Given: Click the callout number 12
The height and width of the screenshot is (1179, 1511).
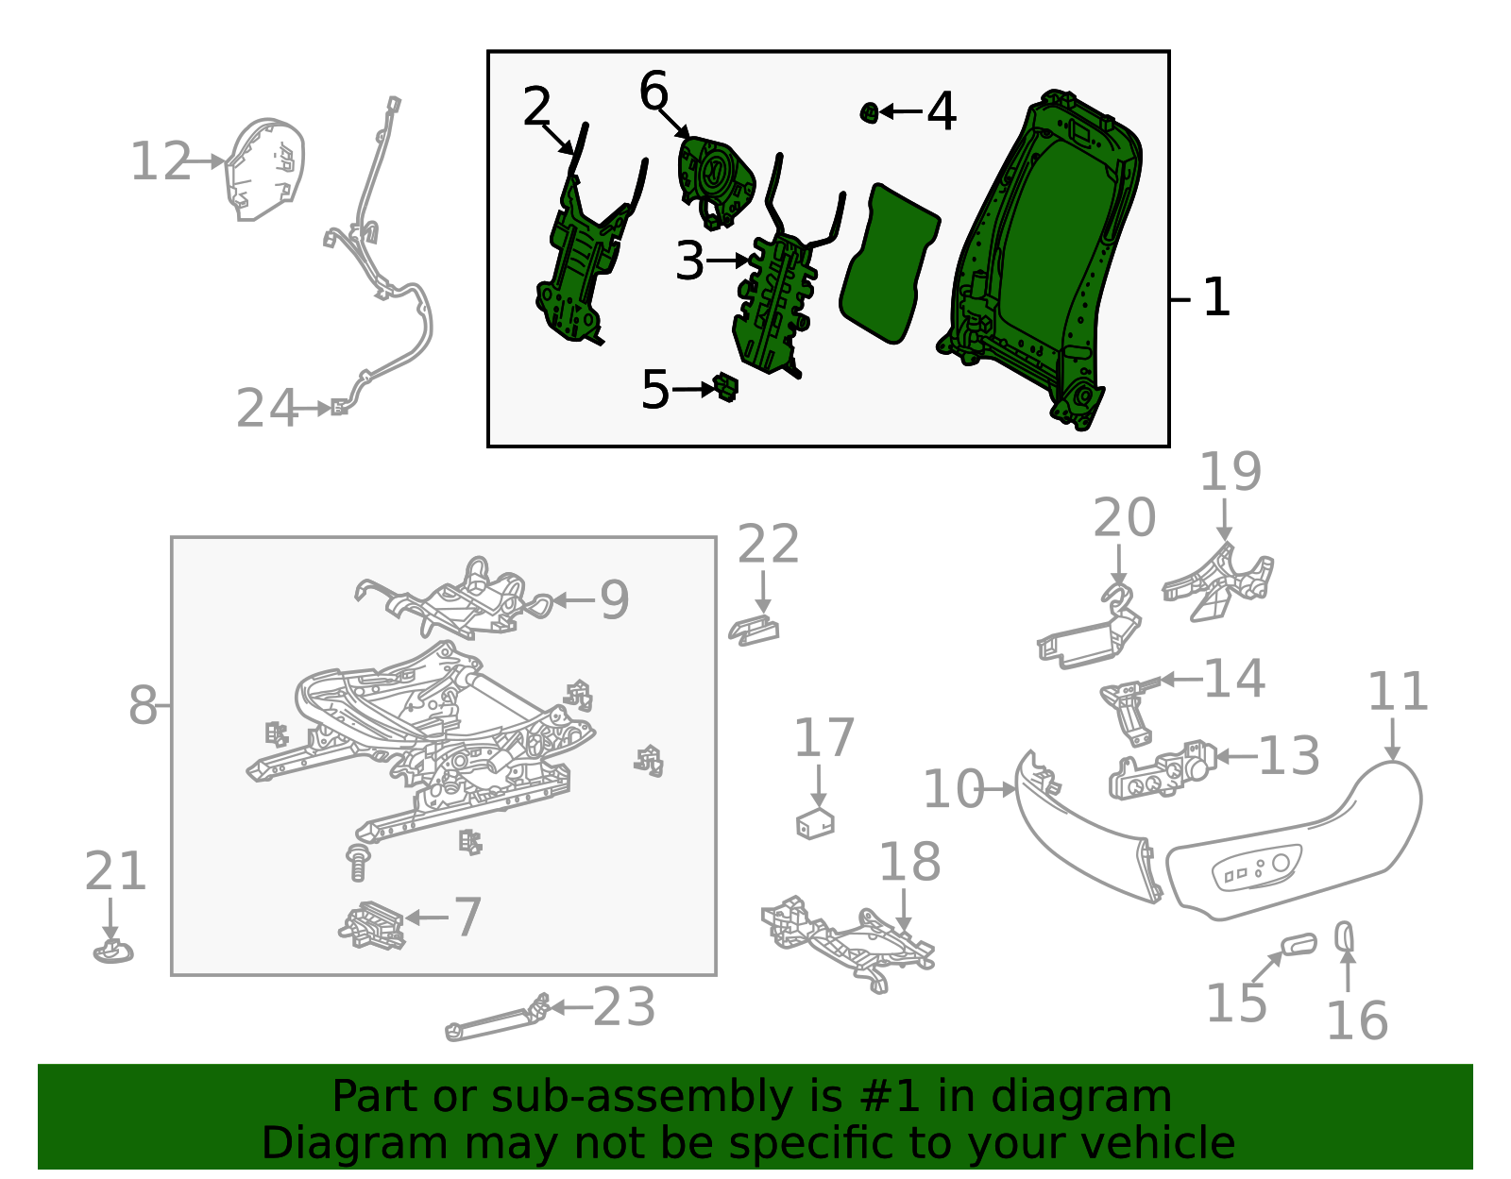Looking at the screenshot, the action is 161,161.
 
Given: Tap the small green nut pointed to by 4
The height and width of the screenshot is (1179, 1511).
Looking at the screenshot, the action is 869,112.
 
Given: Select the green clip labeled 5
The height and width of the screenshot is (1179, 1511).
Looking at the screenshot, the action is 725,388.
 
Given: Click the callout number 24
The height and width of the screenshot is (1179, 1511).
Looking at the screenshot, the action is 267,409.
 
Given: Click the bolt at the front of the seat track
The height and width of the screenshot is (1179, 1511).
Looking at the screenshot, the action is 358,862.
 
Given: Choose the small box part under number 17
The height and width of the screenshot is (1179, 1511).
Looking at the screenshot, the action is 815,823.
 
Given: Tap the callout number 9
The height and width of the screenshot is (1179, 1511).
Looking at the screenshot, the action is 615,600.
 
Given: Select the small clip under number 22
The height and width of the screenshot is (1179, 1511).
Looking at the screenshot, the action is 754,631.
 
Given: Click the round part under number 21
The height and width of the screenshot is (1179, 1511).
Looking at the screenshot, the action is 113,952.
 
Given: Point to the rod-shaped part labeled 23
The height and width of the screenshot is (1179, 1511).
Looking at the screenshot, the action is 497,1019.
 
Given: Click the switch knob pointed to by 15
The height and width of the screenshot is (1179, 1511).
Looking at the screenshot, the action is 1299,945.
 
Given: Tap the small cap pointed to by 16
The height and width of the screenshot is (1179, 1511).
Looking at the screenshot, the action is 1344,935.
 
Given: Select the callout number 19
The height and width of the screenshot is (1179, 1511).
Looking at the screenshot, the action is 1231,472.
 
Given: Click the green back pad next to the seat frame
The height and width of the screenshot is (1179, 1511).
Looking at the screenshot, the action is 889,264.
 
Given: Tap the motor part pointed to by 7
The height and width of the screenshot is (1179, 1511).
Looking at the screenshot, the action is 372,925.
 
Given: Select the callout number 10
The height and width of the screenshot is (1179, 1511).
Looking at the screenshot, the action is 954,790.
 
